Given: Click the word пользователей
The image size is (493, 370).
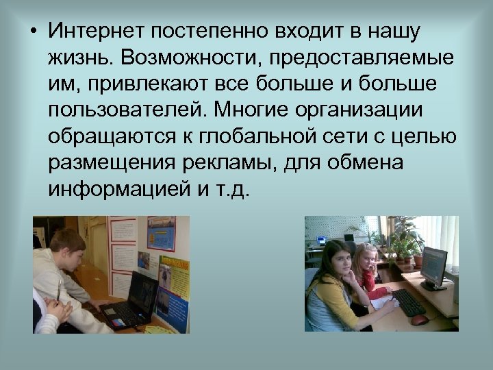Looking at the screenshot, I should pos(127,110).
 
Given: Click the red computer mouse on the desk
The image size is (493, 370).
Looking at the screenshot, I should pos(419,319).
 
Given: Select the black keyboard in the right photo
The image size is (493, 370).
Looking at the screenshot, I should pos(408,302).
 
